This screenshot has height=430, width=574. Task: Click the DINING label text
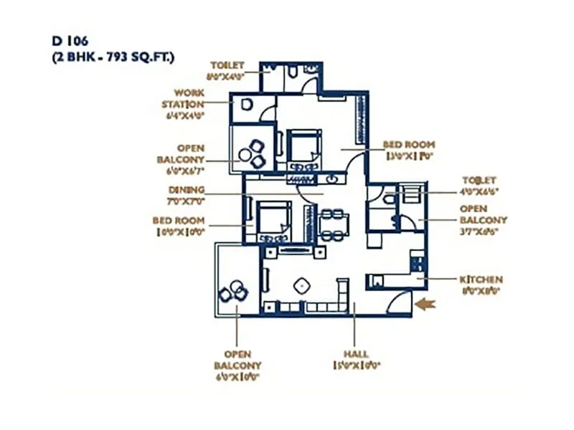pyautogui.click(x=187, y=190)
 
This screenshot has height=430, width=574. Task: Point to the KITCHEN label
pyautogui.click(x=481, y=279)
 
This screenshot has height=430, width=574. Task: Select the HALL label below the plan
pyautogui.click(x=355, y=354)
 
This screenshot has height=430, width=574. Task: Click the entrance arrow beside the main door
pyautogui.click(x=425, y=304)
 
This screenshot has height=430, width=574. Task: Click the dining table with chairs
pyautogui.click(x=333, y=224)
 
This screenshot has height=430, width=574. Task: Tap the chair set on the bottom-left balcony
pyautogui.click(x=234, y=291)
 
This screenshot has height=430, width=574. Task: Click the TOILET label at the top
pyautogui.click(x=227, y=65)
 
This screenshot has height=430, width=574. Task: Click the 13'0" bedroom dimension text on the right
pyautogui.click(x=410, y=155)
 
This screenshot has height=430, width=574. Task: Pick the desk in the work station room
pyautogui.click(x=246, y=105)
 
